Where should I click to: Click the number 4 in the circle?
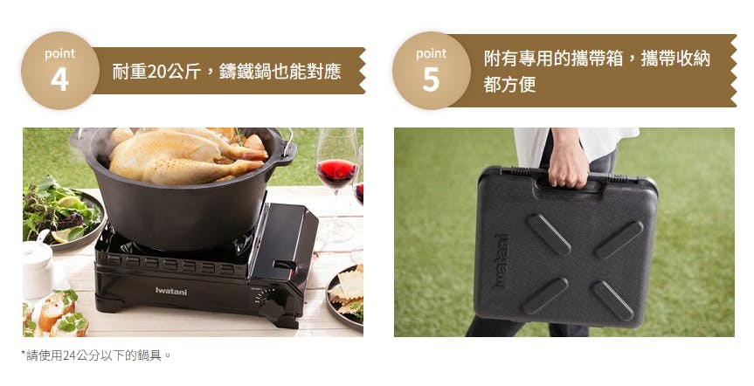coord(59,79)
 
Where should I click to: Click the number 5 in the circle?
coord(431,79)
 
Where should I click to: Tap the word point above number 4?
coord(60,53)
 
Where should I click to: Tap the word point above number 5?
coord(432,53)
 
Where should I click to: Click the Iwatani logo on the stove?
coord(171,291)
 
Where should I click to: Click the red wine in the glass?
coord(336,173)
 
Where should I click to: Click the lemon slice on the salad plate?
coord(64,235)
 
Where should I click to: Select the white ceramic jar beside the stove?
coord(38,268)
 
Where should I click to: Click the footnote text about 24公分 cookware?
coord(96,355)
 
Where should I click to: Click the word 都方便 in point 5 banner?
coord(509,85)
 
